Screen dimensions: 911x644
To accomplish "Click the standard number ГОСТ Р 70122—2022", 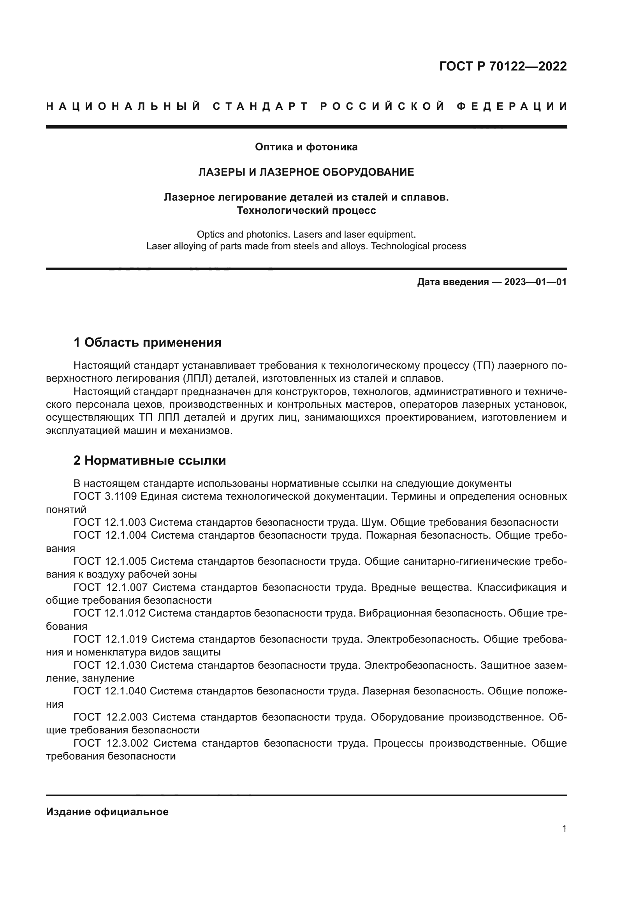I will point(503,66).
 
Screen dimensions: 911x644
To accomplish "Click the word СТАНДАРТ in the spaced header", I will point(260,106).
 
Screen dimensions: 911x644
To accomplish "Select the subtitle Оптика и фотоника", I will point(306,147).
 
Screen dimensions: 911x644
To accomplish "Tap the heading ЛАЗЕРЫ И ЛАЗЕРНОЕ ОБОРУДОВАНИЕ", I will point(306,172).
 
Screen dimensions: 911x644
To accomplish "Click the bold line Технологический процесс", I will point(306,211).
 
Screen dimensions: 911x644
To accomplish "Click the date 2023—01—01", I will point(535,282).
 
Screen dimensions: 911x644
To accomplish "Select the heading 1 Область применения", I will point(148,342).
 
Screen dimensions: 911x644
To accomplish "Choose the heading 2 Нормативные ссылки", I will point(150,461).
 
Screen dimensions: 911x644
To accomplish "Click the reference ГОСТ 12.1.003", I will point(110,523).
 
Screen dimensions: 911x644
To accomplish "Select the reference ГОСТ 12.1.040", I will point(110,691).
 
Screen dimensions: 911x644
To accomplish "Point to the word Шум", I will point(372,523).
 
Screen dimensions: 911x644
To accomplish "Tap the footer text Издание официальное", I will point(107,812).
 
